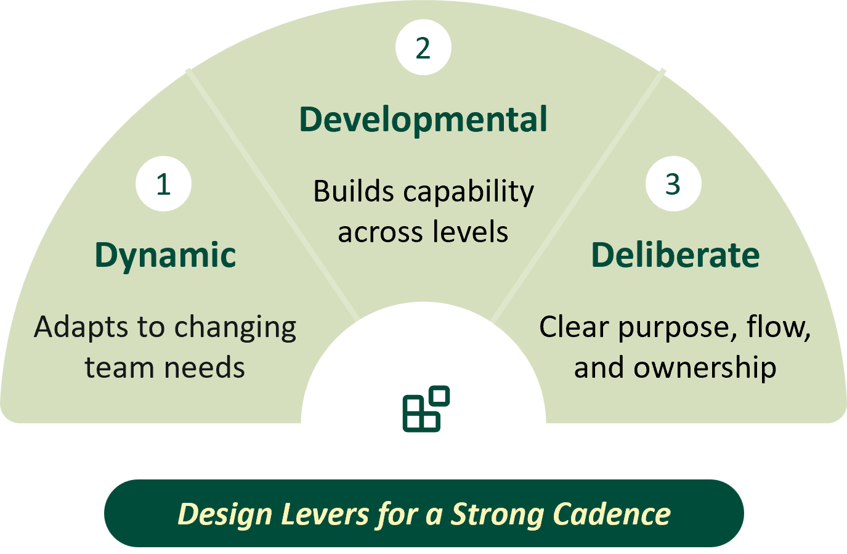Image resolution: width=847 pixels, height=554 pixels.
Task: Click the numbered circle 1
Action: coord(163,184)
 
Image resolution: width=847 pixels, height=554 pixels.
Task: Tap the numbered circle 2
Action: coord(423,48)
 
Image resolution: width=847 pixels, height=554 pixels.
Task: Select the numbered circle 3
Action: coord(673,184)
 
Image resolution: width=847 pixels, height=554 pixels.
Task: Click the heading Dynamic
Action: coord(165,255)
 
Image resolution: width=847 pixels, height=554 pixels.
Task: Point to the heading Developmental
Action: coord(423,120)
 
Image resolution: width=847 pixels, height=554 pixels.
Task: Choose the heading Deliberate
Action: coord(675,255)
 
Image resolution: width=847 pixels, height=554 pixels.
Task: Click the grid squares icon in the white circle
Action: coord(426,409)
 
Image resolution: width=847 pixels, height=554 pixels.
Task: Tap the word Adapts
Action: coord(76,327)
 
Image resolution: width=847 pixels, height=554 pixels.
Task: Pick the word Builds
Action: coord(353,192)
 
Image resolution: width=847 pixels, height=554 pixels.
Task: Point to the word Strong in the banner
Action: coord(497,515)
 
